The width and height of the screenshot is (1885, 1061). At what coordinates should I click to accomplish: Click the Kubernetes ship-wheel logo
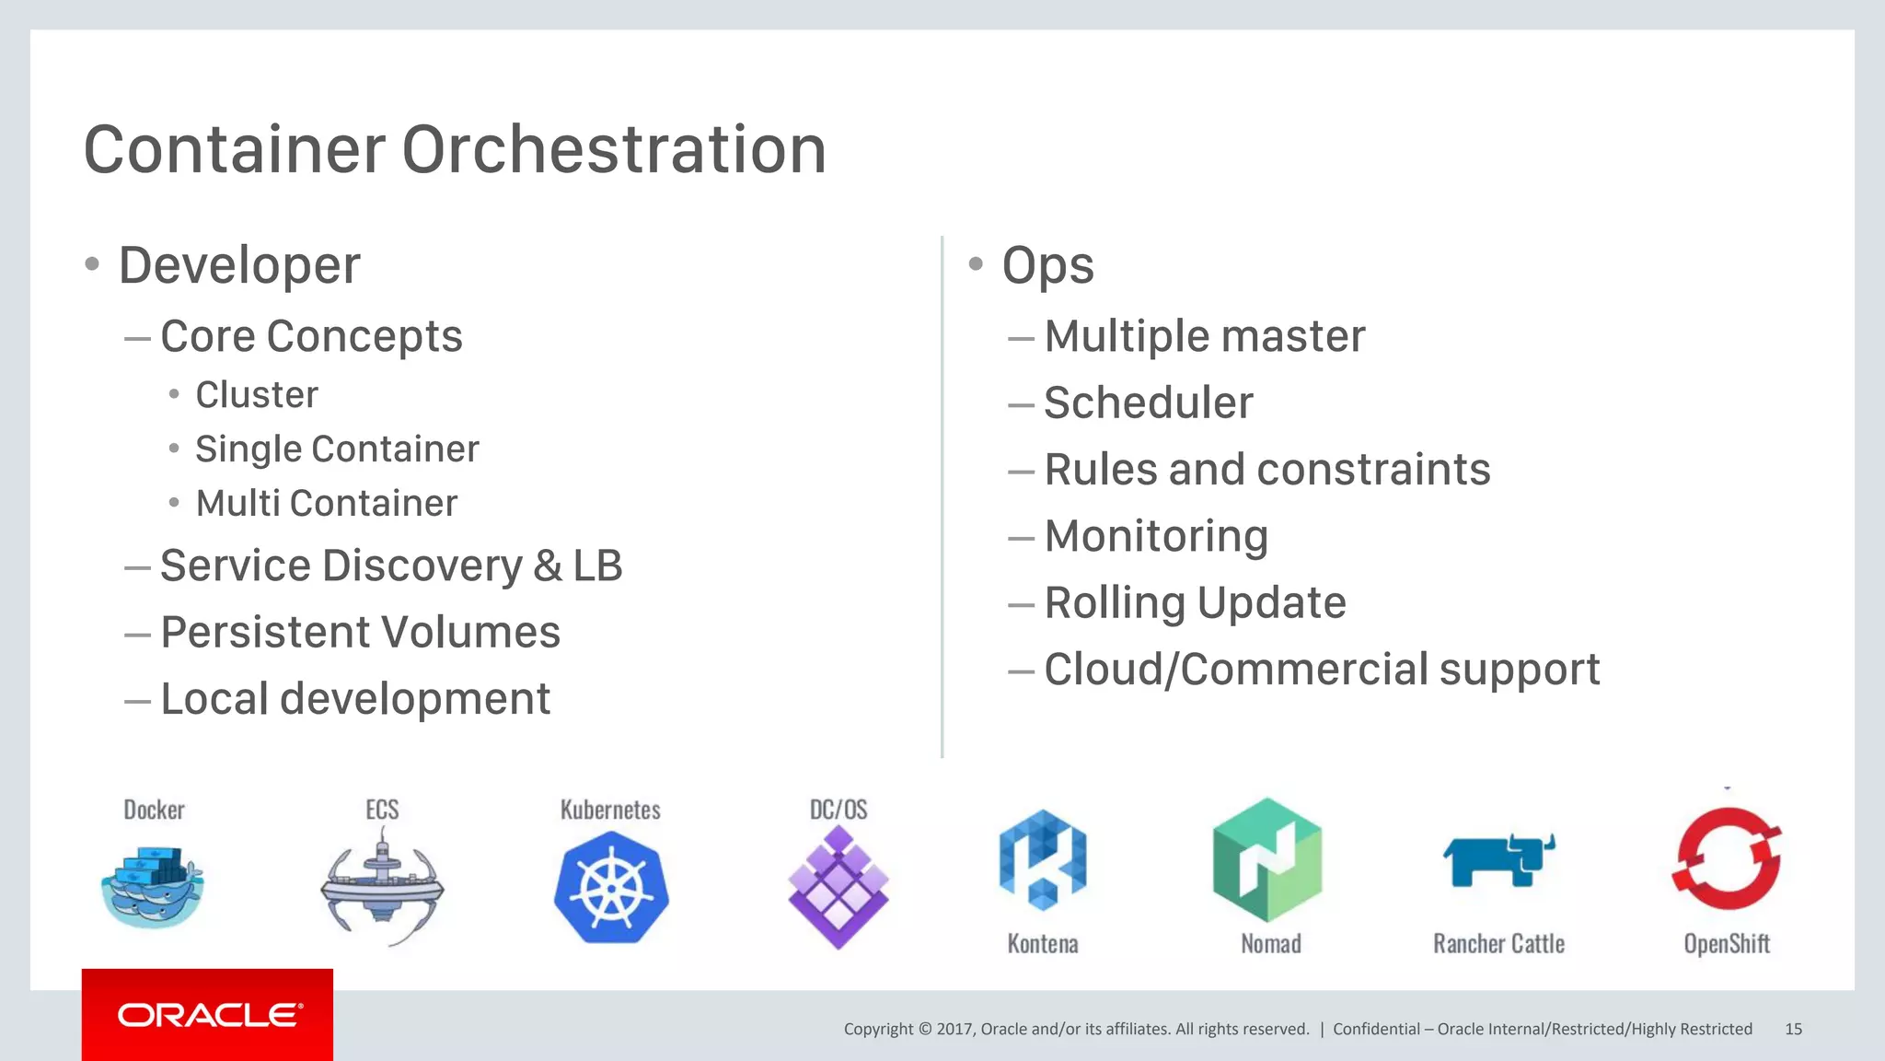(611, 887)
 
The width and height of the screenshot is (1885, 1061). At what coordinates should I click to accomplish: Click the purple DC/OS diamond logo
(838, 887)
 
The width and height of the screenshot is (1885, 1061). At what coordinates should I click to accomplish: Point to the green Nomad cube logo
(1268, 859)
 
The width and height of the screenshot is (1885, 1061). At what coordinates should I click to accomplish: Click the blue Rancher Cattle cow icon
(1498, 860)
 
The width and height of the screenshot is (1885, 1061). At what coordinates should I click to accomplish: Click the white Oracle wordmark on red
(209, 1015)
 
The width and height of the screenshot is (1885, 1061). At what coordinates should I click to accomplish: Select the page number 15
(1793, 1029)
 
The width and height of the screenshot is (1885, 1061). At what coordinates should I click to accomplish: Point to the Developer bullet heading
(239, 265)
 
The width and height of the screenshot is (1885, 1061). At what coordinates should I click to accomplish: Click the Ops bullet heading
(1047, 265)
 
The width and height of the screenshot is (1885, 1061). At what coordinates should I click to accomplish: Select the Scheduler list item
(1148, 402)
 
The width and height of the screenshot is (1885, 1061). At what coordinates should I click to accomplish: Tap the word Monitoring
(1156, 536)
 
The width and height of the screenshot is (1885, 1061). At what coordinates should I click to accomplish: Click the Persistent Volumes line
(360, 632)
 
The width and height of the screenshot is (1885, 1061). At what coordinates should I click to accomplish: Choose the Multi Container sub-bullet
(326, 503)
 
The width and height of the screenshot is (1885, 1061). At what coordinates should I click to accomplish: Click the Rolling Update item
(1195, 603)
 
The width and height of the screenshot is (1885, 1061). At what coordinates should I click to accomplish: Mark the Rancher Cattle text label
(1498, 944)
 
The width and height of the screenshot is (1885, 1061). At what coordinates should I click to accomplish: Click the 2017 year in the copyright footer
(954, 1029)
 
